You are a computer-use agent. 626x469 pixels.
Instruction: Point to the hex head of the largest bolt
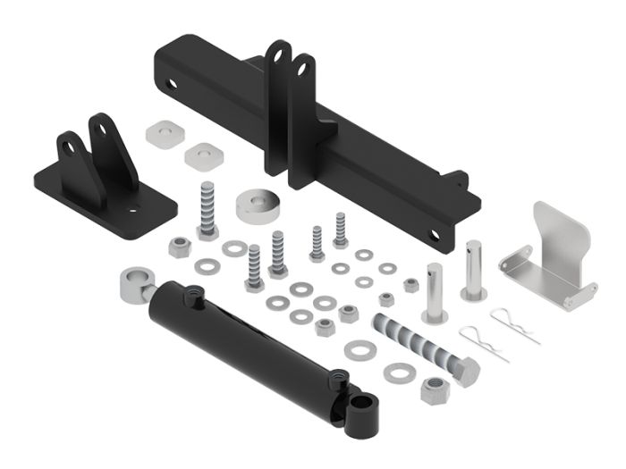(464, 368)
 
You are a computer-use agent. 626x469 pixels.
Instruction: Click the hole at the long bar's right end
(435, 235)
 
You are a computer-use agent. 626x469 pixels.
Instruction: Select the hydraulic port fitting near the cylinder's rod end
(191, 297)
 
